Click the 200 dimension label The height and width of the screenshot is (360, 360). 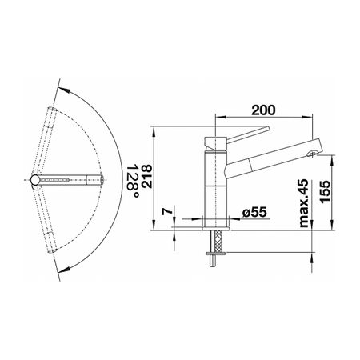pos(263,110)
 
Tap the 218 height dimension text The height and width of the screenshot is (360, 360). pos(146,177)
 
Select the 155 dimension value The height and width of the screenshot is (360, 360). pos(326,192)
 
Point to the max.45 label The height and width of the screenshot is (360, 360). pos(303,203)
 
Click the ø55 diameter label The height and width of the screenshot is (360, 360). pos(254,212)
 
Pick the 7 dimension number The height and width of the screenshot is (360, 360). pos(167,211)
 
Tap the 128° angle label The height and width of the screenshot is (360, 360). pos(133,181)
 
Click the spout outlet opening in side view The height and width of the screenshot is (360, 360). pos(312,154)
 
